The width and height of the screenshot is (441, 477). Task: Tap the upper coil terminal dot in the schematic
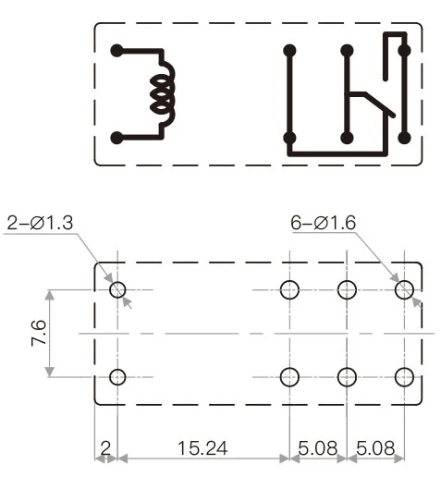tap(116, 51)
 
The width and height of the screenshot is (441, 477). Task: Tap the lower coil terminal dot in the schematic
tap(116, 139)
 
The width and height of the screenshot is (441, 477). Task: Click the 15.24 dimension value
tap(202, 449)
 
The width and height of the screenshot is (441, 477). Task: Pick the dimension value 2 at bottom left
tap(105, 449)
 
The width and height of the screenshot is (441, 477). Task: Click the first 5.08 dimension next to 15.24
tap(318, 449)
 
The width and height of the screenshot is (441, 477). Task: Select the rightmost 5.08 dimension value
tap(376, 449)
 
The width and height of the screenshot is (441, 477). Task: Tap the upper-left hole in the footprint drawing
tap(117, 289)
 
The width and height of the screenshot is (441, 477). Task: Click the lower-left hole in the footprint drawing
tap(117, 376)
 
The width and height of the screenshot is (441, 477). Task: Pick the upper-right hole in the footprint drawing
tap(404, 289)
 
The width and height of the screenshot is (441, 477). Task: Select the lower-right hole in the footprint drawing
tap(404, 376)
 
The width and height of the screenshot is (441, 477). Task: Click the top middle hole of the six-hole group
tap(348, 289)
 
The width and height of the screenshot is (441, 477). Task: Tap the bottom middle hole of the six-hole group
tap(348, 376)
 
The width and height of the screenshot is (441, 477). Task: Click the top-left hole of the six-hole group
tap(289, 289)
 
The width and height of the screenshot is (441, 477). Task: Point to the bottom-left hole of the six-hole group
tap(289, 376)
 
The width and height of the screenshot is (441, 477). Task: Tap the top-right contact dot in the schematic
tap(404, 51)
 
